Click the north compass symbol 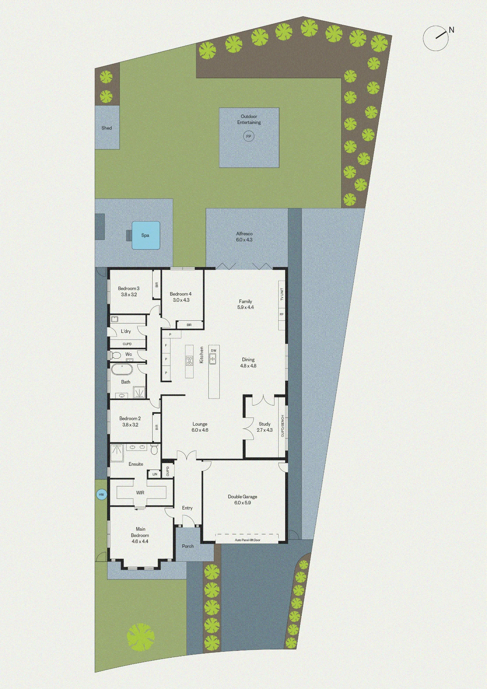click(436, 38)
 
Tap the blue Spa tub click(146, 235)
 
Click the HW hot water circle click(102, 494)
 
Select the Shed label click(107, 128)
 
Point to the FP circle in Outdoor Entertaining click(249, 136)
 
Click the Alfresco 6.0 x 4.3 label click(244, 237)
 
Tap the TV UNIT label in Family click(282, 294)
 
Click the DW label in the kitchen click(214, 351)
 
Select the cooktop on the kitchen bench click(189, 361)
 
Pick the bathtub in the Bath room click(122, 369)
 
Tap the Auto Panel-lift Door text click(248, 540)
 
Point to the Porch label click(188, 546)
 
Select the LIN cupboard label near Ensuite click(155, 474)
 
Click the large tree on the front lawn click(141, 637)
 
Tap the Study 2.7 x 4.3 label click(265, 427)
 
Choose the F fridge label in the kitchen click(166, 345)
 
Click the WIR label click(140, 493)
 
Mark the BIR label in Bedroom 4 click(189, 325)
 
